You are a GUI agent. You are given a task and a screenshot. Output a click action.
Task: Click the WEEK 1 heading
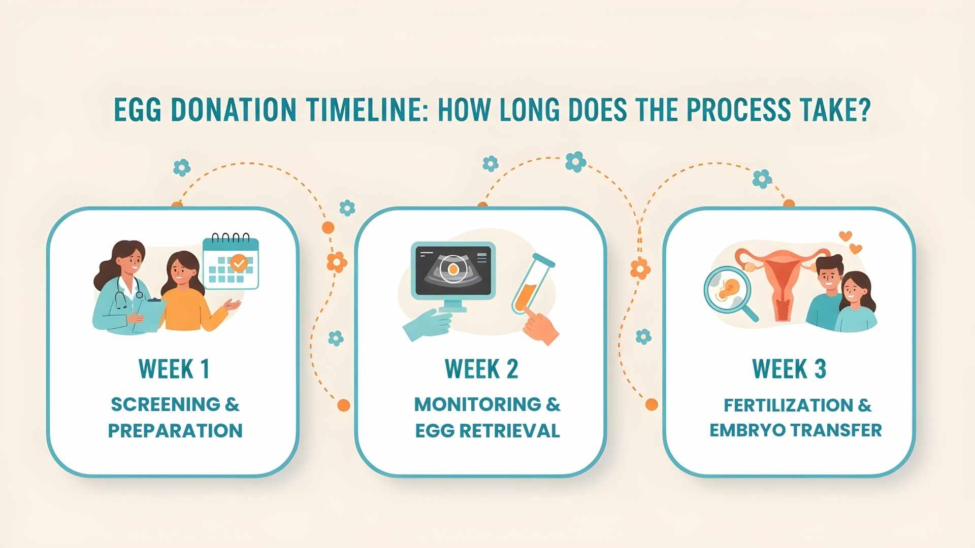[174, 369]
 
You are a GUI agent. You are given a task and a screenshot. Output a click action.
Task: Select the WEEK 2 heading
[481, 369]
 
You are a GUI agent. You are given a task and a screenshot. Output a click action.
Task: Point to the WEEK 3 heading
[789, 369]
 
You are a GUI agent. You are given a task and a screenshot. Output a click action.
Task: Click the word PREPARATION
[175, 431]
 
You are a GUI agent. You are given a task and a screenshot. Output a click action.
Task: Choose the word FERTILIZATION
[788, 405]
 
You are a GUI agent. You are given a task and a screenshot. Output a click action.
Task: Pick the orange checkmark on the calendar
[239, 263]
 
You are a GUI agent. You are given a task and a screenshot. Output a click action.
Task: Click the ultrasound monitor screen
[453, 270]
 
